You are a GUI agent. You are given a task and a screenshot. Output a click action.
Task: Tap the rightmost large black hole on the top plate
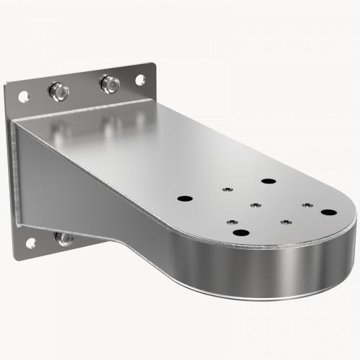click(328, 212)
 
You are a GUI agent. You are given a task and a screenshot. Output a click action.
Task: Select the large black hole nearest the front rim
click(240, 232)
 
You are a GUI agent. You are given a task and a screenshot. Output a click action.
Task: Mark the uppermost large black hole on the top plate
click(269, 181)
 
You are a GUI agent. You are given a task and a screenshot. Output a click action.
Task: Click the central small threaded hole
click(254, 205)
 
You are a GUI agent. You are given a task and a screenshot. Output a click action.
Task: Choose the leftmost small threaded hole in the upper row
click(227, 189)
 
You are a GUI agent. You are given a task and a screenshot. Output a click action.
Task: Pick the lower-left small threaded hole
click(233, 221)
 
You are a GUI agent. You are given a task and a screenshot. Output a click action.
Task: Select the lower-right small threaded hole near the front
click(284, 222)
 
